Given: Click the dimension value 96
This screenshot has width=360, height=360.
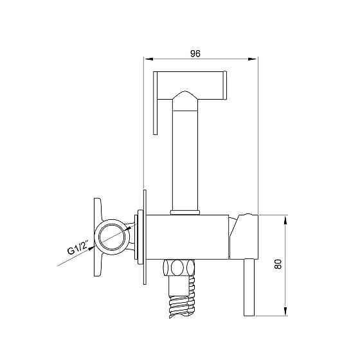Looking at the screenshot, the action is click(x=195, y=53).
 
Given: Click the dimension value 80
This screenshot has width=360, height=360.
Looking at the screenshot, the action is click(x=278, y=264).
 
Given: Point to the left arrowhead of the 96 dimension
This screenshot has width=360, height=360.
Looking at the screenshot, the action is click(x=148, y=59).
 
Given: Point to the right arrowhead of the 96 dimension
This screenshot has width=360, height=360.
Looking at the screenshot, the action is click(x=252, y=59).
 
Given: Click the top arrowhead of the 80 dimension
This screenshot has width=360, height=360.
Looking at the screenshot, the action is click(x=285, y=220).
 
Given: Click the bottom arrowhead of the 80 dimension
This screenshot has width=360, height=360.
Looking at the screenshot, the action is click(x=285, y=311).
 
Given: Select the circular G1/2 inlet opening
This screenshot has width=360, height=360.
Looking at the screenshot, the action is click(x=112, y=237).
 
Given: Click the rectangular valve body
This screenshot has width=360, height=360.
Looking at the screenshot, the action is click(x=187, y=237).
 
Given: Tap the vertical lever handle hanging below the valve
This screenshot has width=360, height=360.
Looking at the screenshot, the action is click(x=249, y=287).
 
